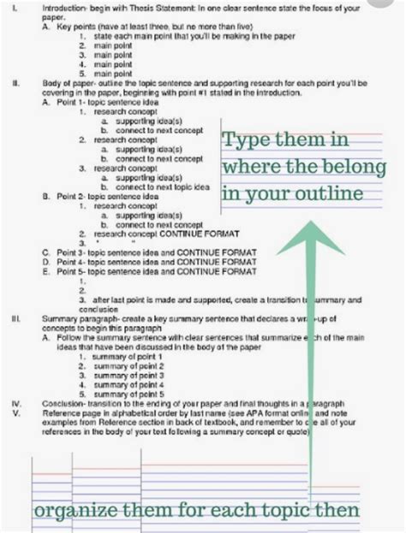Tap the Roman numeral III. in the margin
pyautogui.click(x=16, y=317)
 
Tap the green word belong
pyautogui.click(x=337, y=167)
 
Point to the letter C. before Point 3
pyautogui.click(x=45, y=252)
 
